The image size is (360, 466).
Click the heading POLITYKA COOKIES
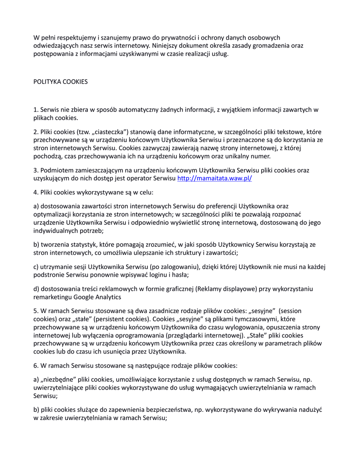[x=61, y=82]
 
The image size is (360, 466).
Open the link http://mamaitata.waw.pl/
[x=214, y=178]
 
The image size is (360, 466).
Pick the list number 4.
[x=36, y=192]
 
